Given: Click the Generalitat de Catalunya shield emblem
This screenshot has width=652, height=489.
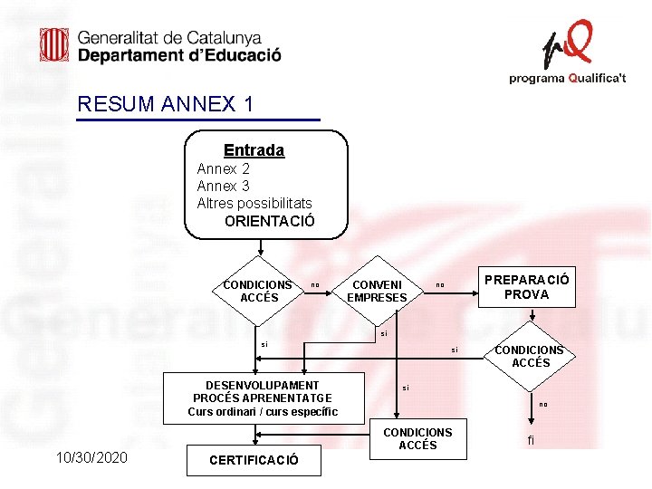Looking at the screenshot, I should click(54, 45).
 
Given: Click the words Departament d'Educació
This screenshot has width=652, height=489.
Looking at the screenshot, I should click(179, 55).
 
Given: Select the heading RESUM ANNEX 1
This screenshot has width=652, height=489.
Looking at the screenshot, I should click(166, 104).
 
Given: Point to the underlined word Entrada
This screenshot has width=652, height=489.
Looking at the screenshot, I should click(254, 150).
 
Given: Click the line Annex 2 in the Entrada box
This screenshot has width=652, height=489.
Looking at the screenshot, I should click(224, 168).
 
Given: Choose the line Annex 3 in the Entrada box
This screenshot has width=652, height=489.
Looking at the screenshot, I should click(224, 186).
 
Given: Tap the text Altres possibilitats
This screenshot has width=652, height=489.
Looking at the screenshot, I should click(254, 203).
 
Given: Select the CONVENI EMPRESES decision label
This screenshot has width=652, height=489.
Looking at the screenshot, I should click(377, 291).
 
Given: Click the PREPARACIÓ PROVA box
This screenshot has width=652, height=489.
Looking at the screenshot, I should click(526, 287).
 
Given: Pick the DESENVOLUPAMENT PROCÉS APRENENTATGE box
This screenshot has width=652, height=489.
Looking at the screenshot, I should click(263, 398).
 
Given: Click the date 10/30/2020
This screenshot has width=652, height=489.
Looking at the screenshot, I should click(91, 457).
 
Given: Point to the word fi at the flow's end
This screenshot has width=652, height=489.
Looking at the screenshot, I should click(531, 441).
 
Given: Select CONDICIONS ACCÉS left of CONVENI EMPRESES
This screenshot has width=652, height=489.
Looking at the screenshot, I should click(258, 291).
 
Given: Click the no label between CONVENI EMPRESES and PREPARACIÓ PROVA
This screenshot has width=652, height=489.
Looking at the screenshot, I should click(440, 286).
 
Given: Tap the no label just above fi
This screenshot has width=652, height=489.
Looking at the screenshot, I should click(543, 404).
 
